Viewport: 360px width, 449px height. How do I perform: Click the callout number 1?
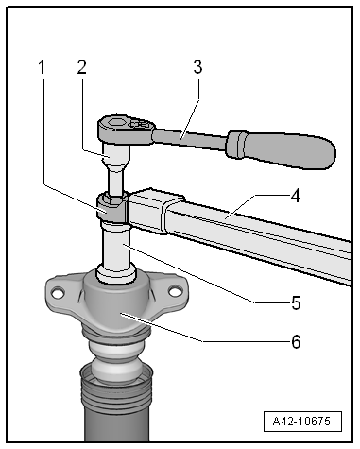coord(42,67)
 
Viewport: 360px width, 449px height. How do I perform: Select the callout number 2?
coord(81,67)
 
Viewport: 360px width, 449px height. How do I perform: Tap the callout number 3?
coord(197,67)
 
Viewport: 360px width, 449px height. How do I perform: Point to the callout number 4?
coord(296,196)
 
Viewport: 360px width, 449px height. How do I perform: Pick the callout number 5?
coord(296,303)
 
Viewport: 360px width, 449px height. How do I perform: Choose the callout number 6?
coord(296,341)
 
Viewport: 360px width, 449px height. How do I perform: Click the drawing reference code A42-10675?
coord(302,422)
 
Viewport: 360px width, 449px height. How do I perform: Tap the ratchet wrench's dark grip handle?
coord(281,149)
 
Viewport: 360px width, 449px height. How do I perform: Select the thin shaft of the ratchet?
coord(190,139)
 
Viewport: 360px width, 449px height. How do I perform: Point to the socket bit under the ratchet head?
coord(116,169)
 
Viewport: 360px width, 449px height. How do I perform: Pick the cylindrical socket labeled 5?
coord(115,252)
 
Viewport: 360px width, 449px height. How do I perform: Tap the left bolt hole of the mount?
coord(57,293)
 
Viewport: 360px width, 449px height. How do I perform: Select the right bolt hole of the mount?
coord(175,291)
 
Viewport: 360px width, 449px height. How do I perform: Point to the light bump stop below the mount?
coord(116,362)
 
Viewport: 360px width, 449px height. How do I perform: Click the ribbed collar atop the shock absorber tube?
coord(116,389)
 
